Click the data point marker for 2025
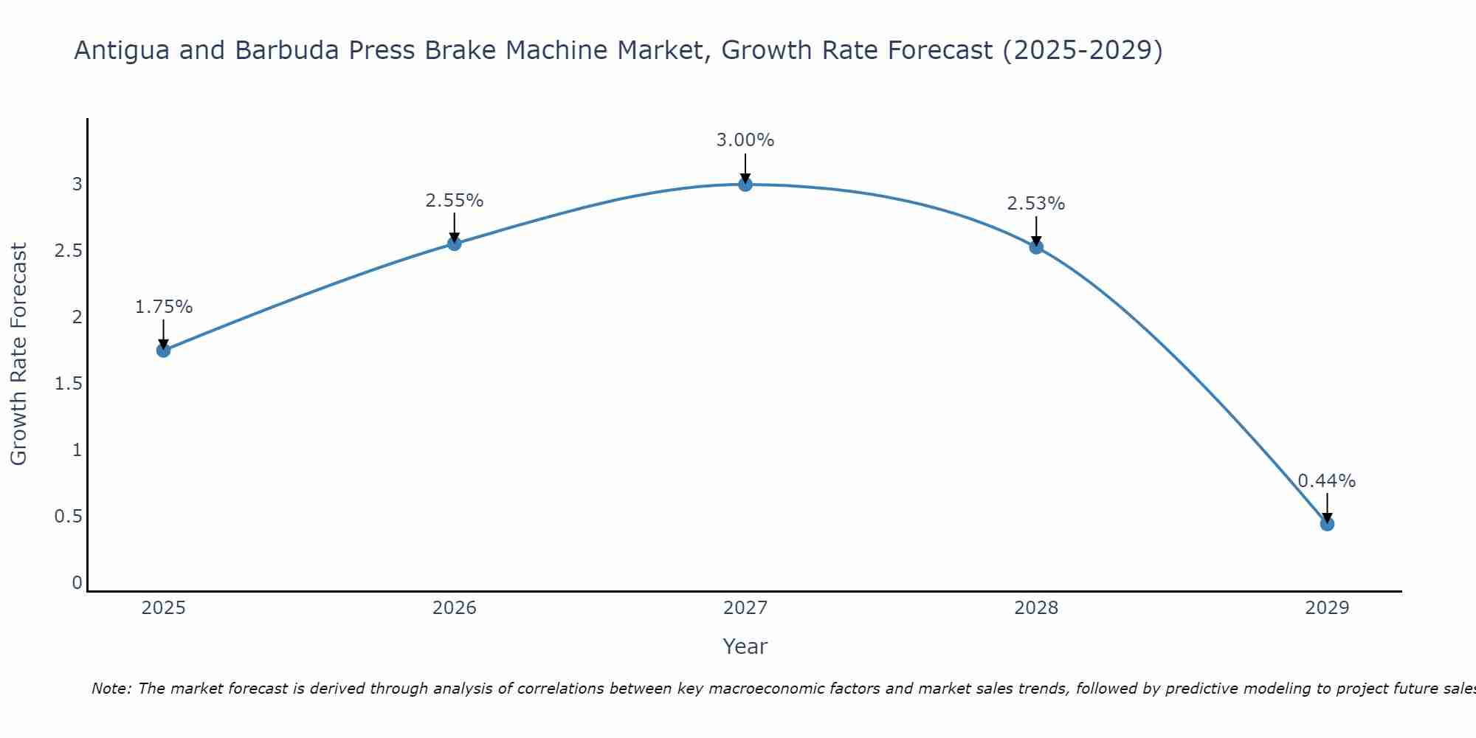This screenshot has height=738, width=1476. click(164, 350)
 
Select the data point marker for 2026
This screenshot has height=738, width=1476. click(455, 244)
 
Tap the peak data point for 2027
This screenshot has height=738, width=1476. click(745, 184)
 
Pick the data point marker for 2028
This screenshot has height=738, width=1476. click(1036, 246)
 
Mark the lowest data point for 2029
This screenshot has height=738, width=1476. click(1327, 524)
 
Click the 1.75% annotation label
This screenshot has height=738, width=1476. click(164, 307)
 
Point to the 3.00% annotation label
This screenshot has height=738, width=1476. click(745, 140)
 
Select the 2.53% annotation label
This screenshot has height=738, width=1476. click(1036, 204)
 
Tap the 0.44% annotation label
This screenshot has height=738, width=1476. click(1327, 481)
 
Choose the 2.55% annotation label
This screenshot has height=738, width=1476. click(455, 201)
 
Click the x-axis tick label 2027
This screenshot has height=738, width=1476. click(745, 608)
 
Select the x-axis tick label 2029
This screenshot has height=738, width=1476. click(1327, 608)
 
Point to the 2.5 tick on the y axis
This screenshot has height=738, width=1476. click(69, 251)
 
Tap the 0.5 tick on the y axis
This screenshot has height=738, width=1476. click(69, 517)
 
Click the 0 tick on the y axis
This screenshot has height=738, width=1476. click(77, 583)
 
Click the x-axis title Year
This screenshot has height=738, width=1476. click(745, 646)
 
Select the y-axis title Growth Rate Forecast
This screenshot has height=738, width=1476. click(18, 354)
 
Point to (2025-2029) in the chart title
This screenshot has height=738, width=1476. click(1082, 51)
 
